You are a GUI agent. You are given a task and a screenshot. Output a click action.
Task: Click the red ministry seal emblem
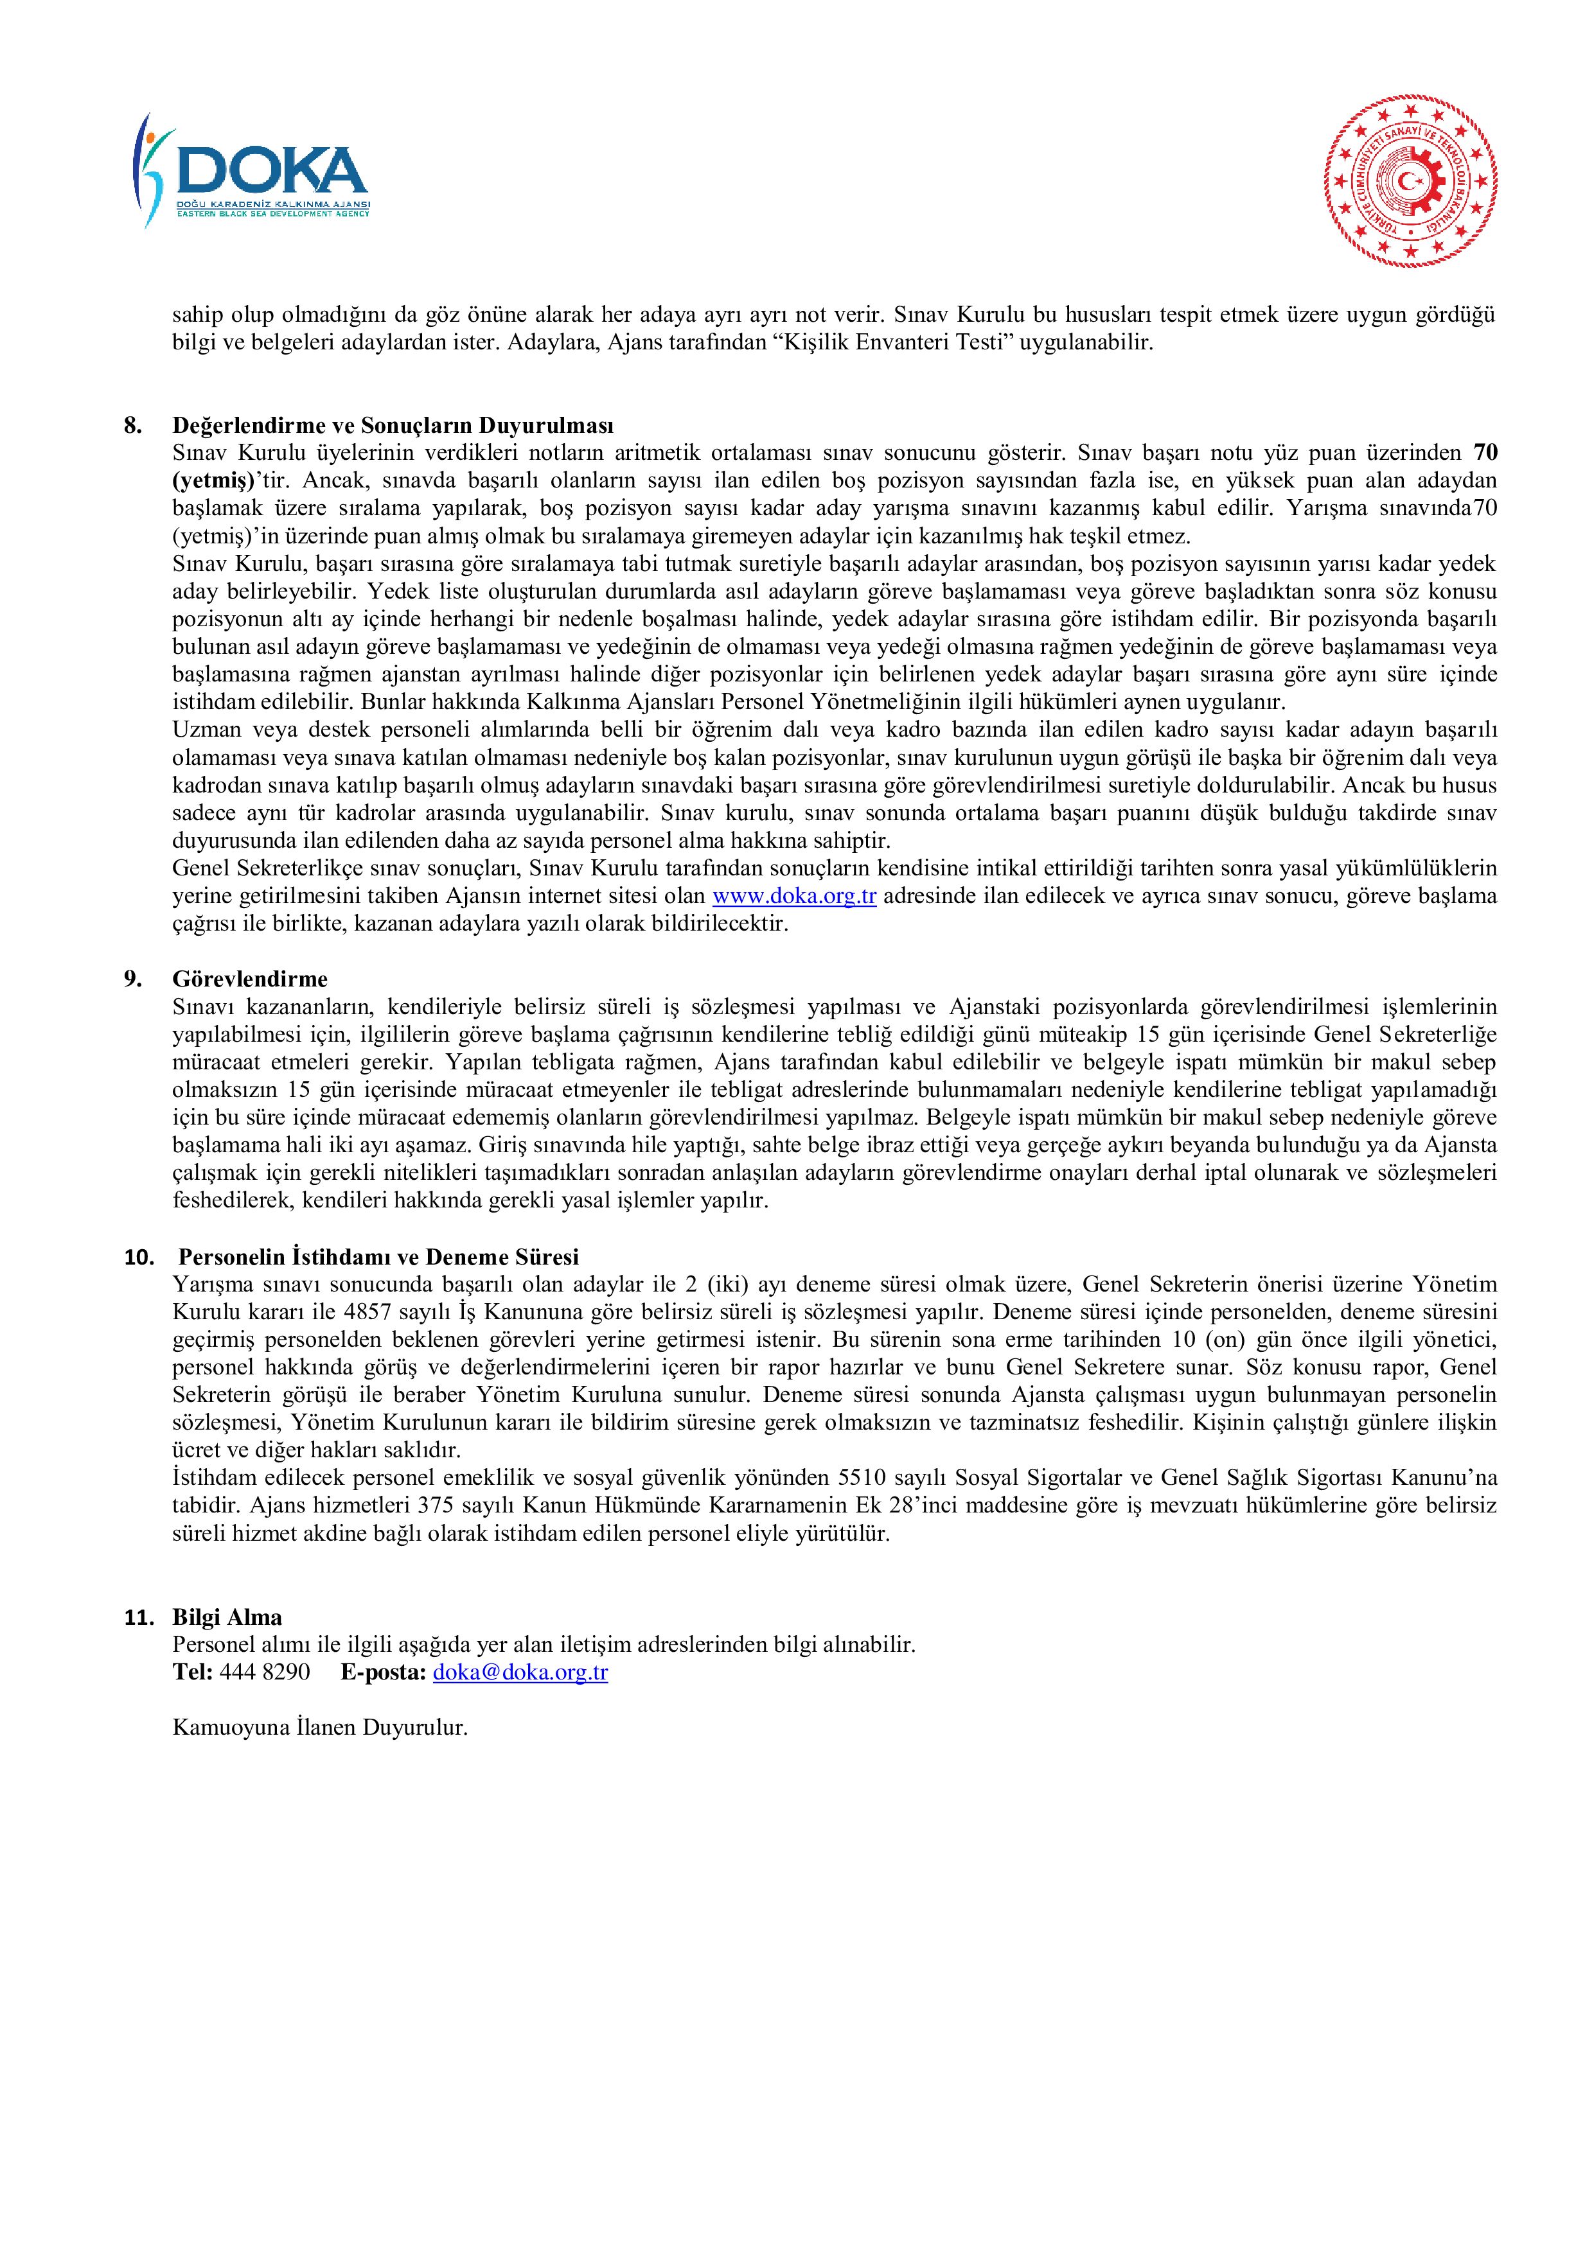click(x=1410, y=182)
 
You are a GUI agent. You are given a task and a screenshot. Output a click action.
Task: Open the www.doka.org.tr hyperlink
click(x=794, y=896)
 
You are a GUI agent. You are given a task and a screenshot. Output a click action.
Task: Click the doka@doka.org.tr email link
click(x=520, y=1673)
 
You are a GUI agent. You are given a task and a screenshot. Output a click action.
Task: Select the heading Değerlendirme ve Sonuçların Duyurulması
click(x=393, y=426)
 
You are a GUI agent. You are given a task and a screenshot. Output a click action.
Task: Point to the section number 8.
click(x=132, y=426)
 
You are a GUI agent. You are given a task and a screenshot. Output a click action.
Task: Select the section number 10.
click(x=138, y=1257)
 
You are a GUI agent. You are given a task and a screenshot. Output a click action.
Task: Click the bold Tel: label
click(x=192, y=1673)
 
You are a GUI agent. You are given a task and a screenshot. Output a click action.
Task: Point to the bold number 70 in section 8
click(x=1485, y=453)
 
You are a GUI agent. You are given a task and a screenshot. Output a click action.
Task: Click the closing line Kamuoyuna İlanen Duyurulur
click(x=320, y=1728)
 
